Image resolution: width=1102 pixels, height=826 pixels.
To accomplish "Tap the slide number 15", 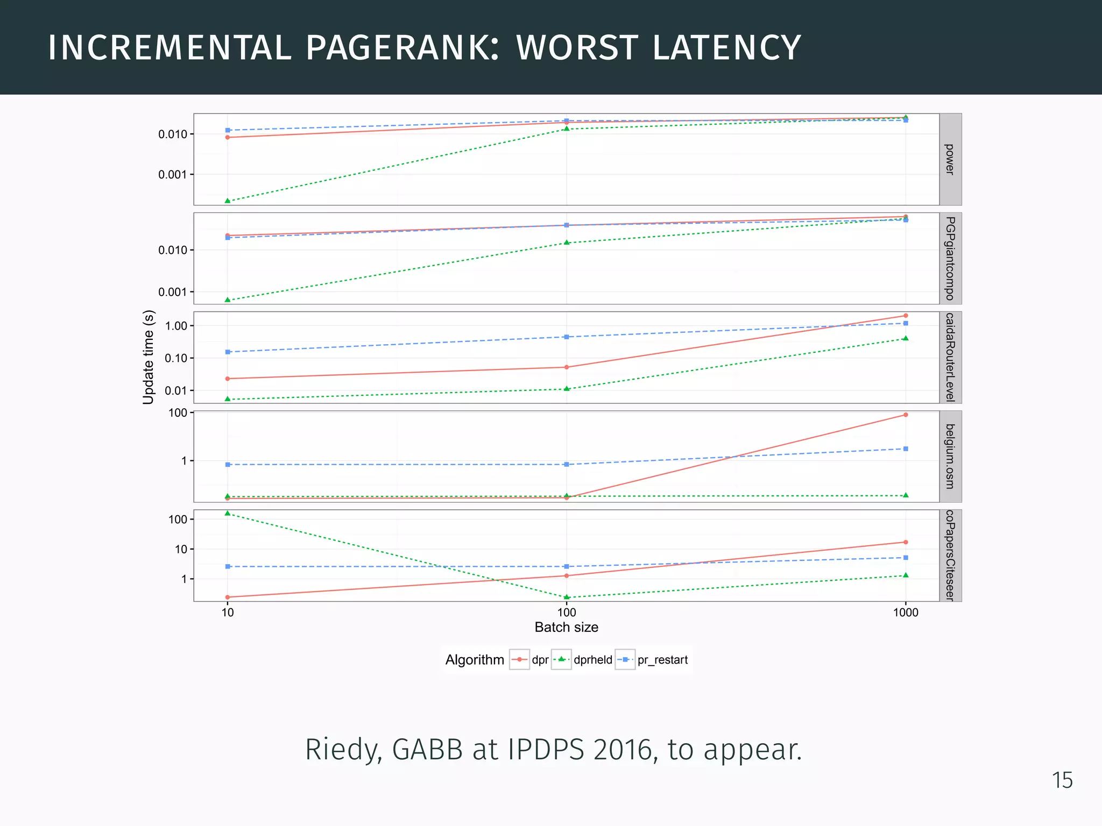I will point(1062,780).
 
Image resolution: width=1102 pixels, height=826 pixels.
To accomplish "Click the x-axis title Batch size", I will point(566,627).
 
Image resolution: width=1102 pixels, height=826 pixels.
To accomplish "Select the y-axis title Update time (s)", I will point(149,357).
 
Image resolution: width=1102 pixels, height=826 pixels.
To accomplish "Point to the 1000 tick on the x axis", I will point(906,613).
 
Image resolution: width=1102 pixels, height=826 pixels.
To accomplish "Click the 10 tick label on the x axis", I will point(228,613).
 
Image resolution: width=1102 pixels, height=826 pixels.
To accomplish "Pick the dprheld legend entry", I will point(592,660).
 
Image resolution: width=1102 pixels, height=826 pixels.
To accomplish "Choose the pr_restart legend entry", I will point(662,660).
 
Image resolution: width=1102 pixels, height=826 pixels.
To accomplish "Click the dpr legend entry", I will point(540,660).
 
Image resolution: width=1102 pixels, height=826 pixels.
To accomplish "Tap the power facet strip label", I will point(950,159).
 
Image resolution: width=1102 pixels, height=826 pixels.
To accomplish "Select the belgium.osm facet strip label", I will point(950,456).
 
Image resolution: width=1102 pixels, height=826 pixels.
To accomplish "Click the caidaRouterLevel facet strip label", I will point(950,357).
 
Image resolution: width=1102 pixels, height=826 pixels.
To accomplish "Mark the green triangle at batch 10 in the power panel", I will point(228,201).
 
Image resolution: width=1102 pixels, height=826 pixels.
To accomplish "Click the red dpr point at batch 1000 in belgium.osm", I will point(906,415).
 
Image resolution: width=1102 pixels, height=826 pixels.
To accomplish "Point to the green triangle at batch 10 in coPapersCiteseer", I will point(228,513).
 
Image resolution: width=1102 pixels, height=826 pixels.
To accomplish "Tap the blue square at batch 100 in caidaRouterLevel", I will point(567,337).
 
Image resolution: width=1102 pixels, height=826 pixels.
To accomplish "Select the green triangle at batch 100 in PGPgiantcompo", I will point(567,243).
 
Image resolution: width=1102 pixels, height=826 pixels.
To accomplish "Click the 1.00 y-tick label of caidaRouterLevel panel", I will point(176,326).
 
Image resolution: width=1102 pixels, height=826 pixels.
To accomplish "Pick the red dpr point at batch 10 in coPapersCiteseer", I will point(228,597).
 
